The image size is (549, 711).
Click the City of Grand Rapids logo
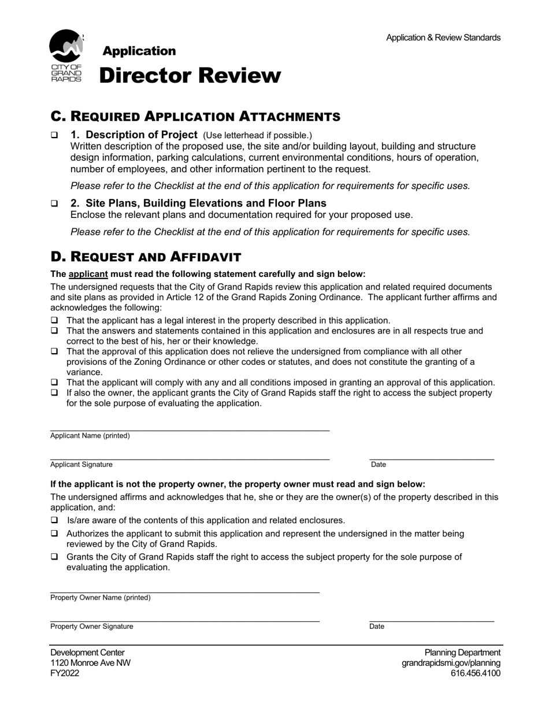66,55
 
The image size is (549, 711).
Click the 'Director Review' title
190,76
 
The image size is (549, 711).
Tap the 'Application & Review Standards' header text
443,38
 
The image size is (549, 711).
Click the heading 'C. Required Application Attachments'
195,116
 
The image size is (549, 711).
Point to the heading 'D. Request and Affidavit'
146,257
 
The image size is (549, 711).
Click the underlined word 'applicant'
88,274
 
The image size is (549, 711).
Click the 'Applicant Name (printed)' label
90,436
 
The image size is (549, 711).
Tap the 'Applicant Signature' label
81,465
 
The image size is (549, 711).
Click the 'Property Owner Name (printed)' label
100,598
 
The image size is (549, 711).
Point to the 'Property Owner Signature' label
91,627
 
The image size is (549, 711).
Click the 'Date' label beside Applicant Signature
379,465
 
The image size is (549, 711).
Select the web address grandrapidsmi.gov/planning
451,663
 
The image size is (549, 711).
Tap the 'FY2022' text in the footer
65,673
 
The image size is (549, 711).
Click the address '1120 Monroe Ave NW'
90,663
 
